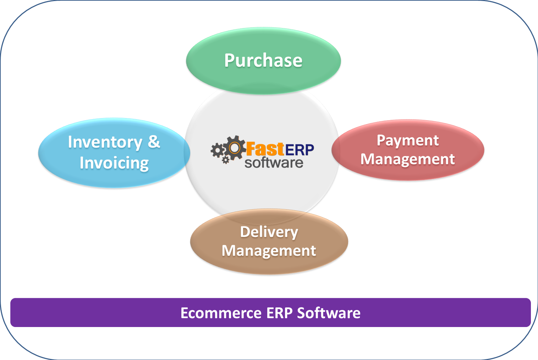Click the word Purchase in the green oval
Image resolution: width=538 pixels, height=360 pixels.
[x=263, y=61]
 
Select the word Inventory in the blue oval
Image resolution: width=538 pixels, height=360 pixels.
[x=105, y=142]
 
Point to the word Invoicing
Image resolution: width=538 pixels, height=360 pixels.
[x=114, y=163]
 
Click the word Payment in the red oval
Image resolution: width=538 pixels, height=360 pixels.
[x=408, y=140]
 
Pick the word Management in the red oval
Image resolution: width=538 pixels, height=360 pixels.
[x=408, y=159]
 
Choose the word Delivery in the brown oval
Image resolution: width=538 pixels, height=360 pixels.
[x=269, y=232]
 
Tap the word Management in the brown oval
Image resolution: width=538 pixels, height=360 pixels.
[x=269, y=251]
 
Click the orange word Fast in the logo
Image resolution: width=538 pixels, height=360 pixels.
[x=265, y=149]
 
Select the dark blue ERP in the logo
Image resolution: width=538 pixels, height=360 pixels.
[x=300, y=150]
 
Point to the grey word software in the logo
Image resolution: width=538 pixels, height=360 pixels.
[x=274, y=163]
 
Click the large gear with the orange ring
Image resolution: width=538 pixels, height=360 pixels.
[x=234, y=148]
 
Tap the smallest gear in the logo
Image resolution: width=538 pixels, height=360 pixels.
[x=225, y=160]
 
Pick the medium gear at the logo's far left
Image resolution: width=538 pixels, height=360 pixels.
[x=218, y=150]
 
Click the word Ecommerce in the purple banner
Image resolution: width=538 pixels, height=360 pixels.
[x=221, y=313]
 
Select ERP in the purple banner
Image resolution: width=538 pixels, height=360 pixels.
[x=279, y=313]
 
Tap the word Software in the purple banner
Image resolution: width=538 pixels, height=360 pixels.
[x=329, y=313]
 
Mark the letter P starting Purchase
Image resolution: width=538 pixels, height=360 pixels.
[x=229, y=61]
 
